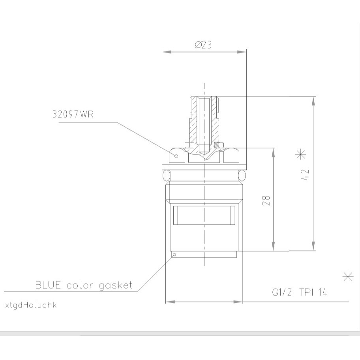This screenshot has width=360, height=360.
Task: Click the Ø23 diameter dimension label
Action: [203, 45]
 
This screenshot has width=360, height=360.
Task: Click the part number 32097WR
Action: [73, 114]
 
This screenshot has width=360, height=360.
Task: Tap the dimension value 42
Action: [305, 175]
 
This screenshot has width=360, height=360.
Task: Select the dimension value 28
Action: [266, 200]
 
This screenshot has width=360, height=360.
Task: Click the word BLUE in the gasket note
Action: [48, 285]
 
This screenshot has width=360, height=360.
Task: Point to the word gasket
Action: [116, 286]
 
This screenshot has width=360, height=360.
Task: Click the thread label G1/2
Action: [282, 292]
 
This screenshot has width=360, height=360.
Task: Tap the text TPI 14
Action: [313, 292]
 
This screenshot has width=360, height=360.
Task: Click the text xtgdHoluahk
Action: [31, 306]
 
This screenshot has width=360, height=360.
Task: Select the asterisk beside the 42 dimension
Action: [300, 154]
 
